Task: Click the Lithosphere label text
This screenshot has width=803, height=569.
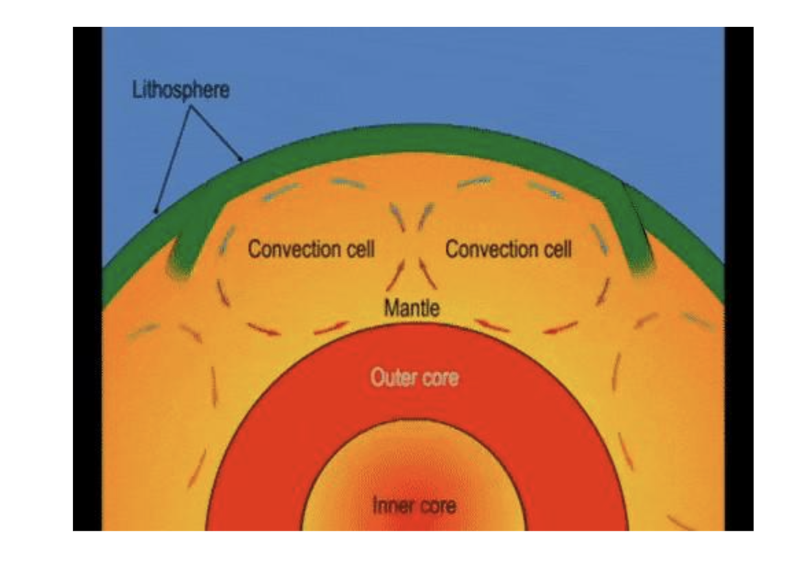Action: pyautogui.click(x=181, y=90)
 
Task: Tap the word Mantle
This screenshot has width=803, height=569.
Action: pyautogui.click(x=411, y=308)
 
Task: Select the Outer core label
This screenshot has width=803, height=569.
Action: pyautogui.click(x=414, y=377)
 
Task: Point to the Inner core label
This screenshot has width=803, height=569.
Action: pyautogui.click(x=414, y=506)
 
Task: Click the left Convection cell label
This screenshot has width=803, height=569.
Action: pyautogui.click(x=311, y=249)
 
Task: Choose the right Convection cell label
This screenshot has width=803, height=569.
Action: pyautogui.click(x=508, y=249)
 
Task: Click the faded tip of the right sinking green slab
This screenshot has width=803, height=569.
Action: pyautogui.click(x=642, y=266)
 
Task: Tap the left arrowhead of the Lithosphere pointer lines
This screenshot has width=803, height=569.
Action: pyautogui.click(x=157, y=210)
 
